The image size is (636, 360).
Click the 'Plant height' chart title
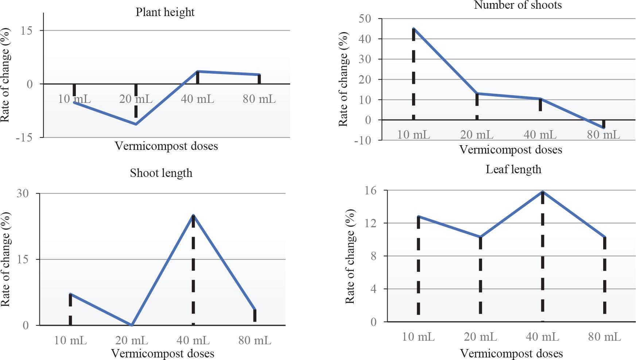click(x=165, y=12)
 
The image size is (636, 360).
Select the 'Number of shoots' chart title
click(x=517, y=5)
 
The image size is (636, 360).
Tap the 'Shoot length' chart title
click(x=161, y=173)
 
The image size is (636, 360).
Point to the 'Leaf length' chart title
click(x=513, y=169)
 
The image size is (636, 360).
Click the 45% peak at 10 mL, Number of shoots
click(x=414, y=28)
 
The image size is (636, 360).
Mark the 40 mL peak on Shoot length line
click(x=193, y=215)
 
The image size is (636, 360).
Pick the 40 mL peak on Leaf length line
click(x=543, y=191)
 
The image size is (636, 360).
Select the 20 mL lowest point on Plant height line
click(x=136, y=124)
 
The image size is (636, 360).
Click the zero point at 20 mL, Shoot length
click(x=132, y=325)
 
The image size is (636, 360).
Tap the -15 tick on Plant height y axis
click(x=24, y=138)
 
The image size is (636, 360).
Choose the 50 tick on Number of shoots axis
click(x=365, y=19)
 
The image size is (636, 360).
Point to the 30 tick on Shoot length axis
click(x=23, y=193)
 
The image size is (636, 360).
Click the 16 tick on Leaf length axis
click(x=371, y=190)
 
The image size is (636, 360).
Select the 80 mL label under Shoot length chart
click(x=255, y=340)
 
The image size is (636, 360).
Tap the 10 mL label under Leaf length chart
click(x=418, y=337)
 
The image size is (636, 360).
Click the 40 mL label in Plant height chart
click(x=197, y=99)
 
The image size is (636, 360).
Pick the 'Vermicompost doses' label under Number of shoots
click(x=510, y=150)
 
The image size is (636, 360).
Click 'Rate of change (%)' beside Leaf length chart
click(x=350, y=256)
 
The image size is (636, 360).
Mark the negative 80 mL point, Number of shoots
click(x=604, y=128)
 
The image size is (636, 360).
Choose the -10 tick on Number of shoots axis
click(x=362, y=140)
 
